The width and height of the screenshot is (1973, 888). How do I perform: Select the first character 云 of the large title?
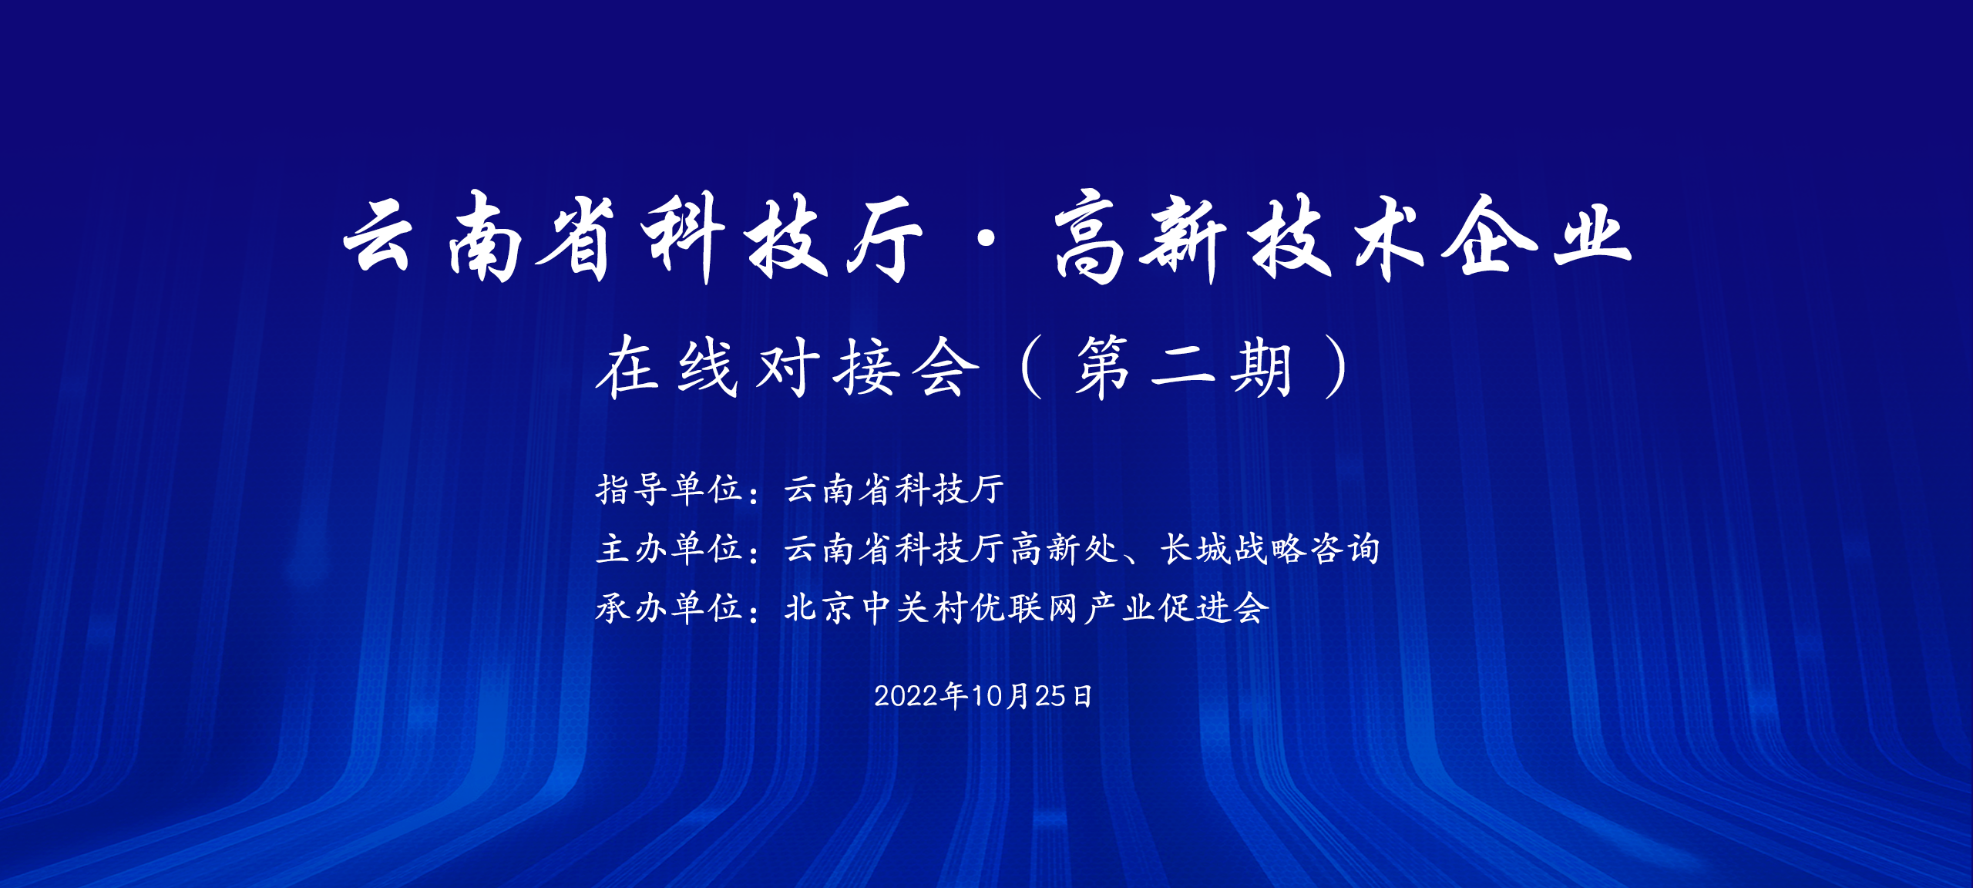(x=379, y=236)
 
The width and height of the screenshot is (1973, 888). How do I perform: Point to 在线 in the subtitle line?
(x=667, y=368)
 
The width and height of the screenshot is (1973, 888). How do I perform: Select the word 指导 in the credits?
(x=632, y=489)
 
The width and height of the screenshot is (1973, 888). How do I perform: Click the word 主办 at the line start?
(x=632, y=548)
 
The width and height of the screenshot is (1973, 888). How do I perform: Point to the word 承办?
(x=632, y=607)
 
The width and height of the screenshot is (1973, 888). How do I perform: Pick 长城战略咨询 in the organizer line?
(x=1270, y=548)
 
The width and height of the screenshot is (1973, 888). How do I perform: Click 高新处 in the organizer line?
(x=1064, y=548)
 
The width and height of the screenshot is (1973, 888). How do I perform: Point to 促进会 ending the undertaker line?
(x=1214, y=607)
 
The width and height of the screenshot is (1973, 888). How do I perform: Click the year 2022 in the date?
(x=906, y=696)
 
